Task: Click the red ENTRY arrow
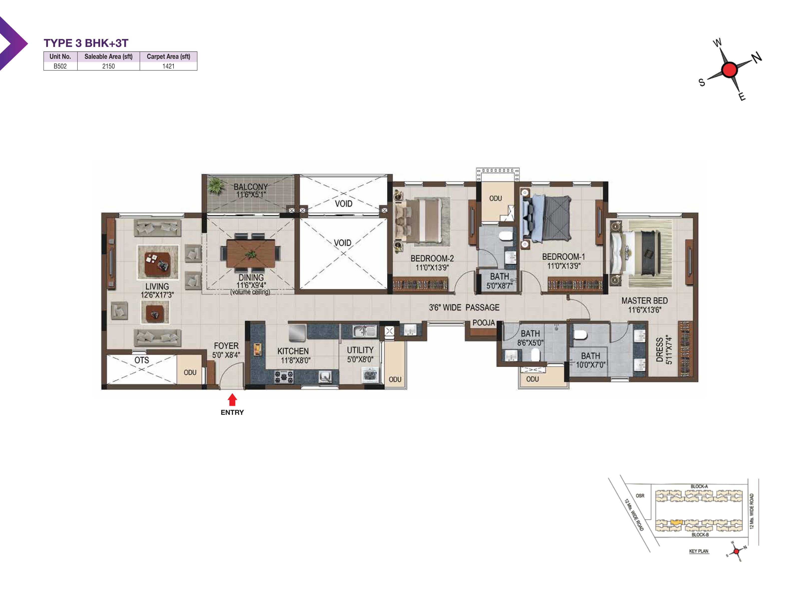click(x=232, y=399)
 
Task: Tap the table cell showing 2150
click(x=108, y=66)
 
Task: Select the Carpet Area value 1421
click(x=168, y=66)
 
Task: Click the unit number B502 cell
click(x=60, y=66)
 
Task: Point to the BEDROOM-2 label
click(x=432, y=259)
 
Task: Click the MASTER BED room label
click(x=644, y=300)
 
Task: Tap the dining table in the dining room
click(x=251, y=254)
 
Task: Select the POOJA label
click(x=484, y=323)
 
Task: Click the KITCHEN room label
click(x=293, y=351)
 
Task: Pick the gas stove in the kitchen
click(x=284, y=377)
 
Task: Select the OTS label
click(x=142, y=360)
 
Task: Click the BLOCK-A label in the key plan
click(x=699, y=486)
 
